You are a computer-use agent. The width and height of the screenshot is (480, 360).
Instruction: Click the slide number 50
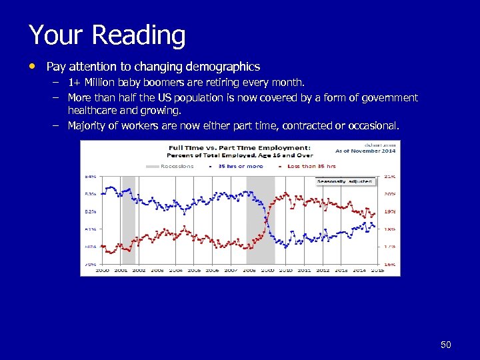[x=446, y=345]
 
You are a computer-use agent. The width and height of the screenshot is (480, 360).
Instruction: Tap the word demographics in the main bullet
[x=223, y=67]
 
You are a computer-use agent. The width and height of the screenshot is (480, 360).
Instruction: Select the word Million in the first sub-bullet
[x=100, y=83]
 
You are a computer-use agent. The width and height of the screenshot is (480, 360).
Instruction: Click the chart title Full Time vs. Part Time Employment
[x=237, y=147]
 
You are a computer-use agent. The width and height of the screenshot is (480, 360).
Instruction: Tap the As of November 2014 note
[x=365, y=151]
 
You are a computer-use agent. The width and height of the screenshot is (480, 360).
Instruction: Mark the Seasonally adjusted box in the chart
[x=345, y=181]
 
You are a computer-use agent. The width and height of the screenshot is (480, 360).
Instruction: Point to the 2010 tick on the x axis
[x=286, y=270]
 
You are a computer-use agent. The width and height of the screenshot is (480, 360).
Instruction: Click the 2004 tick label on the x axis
[x=175, y=270]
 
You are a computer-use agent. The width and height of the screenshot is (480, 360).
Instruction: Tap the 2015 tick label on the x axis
[x=377, y=270]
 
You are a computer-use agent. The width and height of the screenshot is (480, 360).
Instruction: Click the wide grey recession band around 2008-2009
[x=260, y=220]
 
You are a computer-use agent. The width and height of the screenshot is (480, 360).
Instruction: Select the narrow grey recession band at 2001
[x=129, y=220]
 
